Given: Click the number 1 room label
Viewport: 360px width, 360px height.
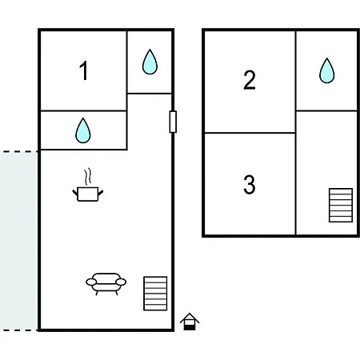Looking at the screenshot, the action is pyautogui.click(x=84, y=70).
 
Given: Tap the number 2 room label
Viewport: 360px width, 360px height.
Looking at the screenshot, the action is pyautogui.click(x=250, y=80).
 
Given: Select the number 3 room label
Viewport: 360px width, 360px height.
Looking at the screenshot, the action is pyautogui.click(x=250, y=184).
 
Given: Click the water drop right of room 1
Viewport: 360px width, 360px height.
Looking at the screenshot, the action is pyautogui.click(x=150, y=62).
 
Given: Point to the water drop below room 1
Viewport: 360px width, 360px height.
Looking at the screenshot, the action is pyautogui.click(x=83, y=130).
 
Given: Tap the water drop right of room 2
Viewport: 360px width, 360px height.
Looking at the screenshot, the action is pyautogui.click(x=327, y=70).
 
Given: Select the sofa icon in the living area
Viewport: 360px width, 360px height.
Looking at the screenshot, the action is pyautogui.click(x=106, y=284).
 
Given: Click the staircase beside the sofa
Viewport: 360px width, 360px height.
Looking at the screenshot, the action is pyautogui.click(x=155, y=294).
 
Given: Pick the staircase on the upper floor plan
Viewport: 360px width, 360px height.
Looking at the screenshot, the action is pyautogui.click(x=341, y=205).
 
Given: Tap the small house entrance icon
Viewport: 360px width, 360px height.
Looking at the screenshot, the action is pyautogui.click(x=190, y=322).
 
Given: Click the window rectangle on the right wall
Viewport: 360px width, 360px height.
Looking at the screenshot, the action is pyautogui.click(x=173, y=122).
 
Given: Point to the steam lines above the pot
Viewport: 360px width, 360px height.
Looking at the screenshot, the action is pyautogui.click(x=88, y=176).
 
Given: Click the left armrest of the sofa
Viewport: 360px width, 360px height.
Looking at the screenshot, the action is pyautogui.click(x=91, y=282).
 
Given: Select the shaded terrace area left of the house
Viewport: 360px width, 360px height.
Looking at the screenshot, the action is pyautogui.click(x=18, y=241).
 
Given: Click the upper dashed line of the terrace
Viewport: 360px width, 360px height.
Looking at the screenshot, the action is pyautogui.click(x=19, y=152).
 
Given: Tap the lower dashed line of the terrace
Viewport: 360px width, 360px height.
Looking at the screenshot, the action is pyautogui.click(x=19, y=330).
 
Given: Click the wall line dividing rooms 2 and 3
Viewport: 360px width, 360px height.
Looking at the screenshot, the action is pyautogui.click(x=250, y=133).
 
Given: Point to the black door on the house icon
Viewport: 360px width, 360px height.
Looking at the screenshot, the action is pyautogui.click(x=190, y=327).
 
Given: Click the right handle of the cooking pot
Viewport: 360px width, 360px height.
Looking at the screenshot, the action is pyautogui.click(x=101, y=193).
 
